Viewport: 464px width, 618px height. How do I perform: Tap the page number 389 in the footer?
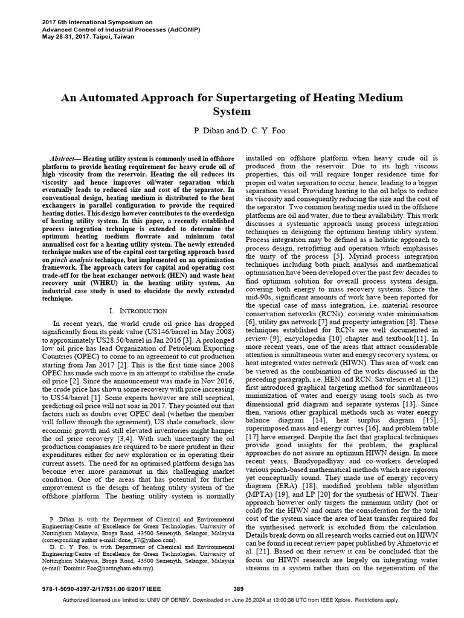pyautogui.click(x=239, y=589)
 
